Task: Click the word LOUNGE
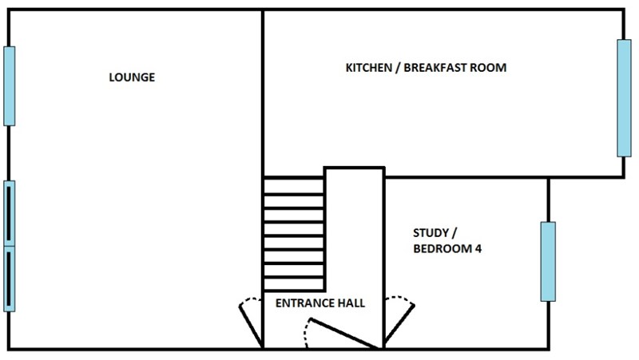pos(132,77)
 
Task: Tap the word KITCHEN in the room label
pos(369,68)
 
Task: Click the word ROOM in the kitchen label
pos(488,68)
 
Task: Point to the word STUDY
pos(431,233)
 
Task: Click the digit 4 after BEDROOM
pos(478,249)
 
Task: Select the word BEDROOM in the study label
pos(443,249)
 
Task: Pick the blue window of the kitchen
pos(624,98)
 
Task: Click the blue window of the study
pos(548,262)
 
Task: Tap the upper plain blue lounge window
pos(10,86)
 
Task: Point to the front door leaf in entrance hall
pos(343,333)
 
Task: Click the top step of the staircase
pos(294,186)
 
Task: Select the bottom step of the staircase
pos(294,284)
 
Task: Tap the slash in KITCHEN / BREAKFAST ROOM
pos(398,68)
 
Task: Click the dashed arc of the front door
pos(307,334)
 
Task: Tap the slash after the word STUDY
pos(454,233)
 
